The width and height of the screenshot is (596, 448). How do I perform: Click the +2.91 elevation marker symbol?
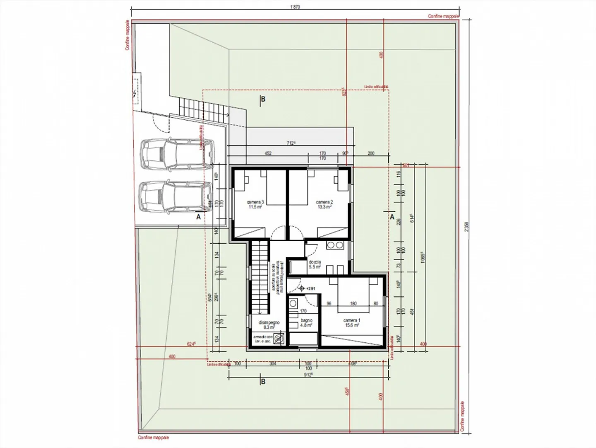pyautogui.click(x=302, y=288)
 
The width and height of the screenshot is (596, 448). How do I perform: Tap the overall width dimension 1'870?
pyautogui.click(x=294, y=6)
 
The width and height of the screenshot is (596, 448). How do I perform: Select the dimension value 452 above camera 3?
pyautogui.click(x=268, y=153)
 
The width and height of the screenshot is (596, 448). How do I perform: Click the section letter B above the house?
pyautogui.click(x=262, y=99)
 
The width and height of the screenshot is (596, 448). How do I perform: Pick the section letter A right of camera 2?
pyautogui.click(x=391, y=216)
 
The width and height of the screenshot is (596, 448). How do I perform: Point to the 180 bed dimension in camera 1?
pyautogui.click(x=353, y=303)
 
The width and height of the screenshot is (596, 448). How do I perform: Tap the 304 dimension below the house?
pyautogui.click(x=273, y=363)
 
